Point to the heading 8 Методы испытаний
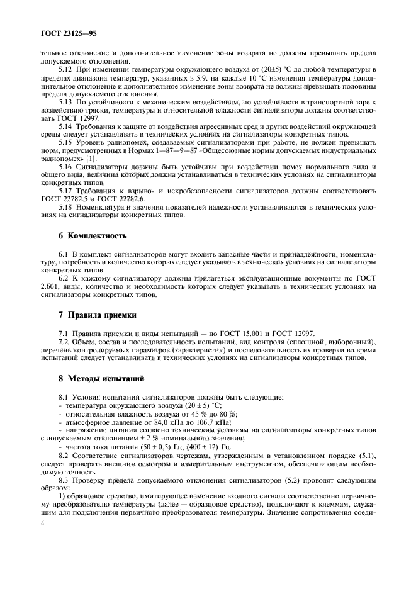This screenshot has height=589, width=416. coord(92,379)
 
